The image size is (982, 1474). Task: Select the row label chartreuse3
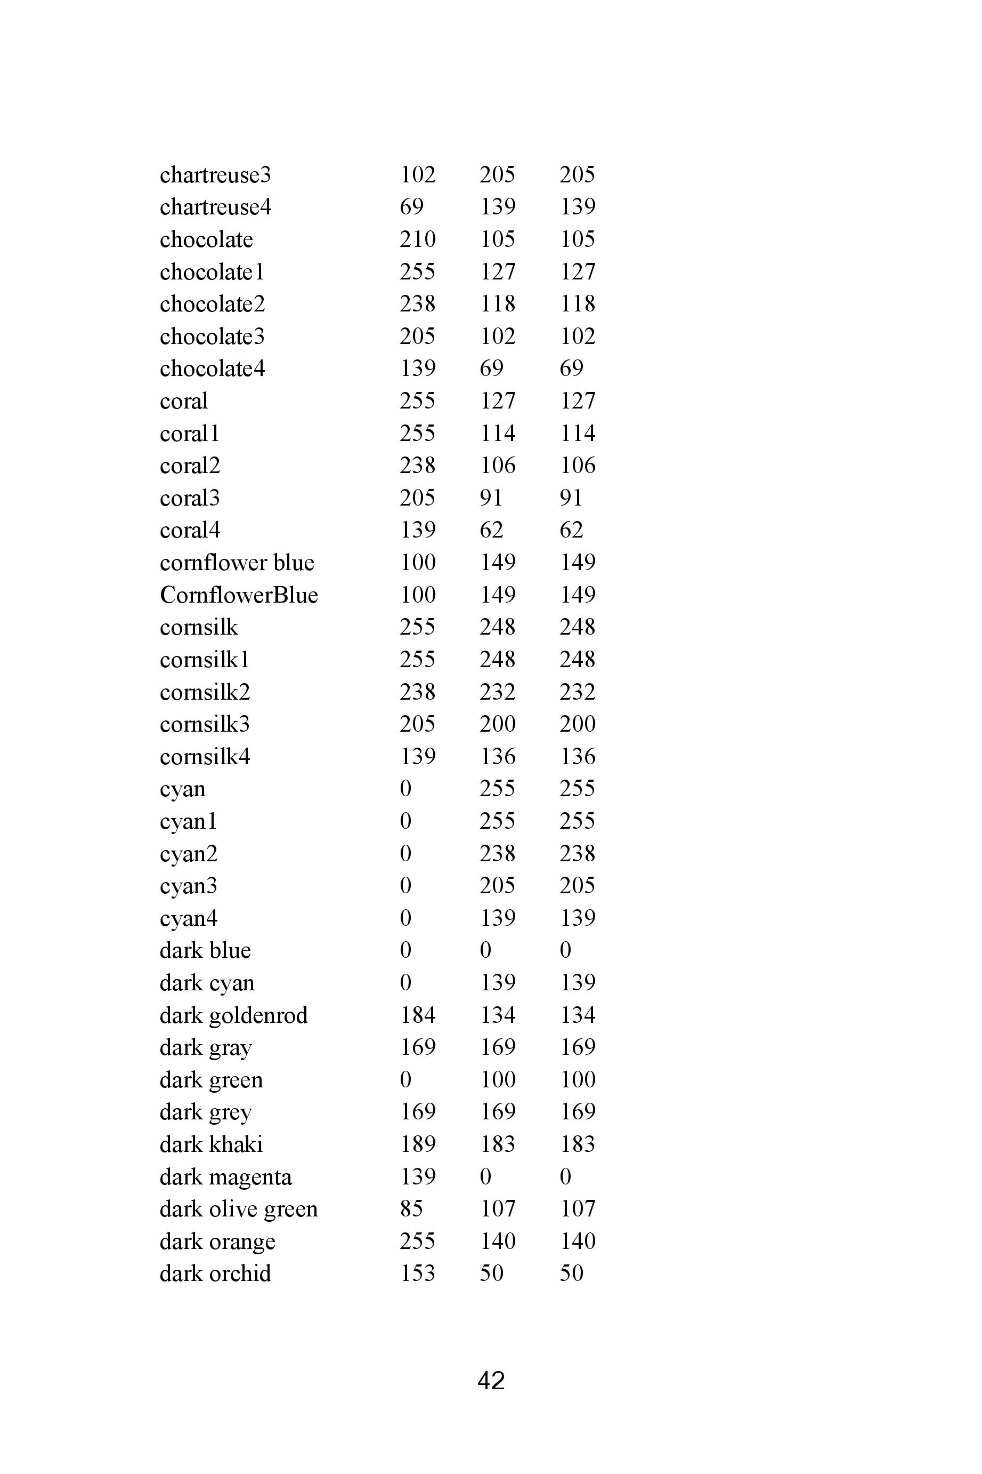tap(215, 175)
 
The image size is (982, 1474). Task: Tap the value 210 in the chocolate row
tap(417, 239)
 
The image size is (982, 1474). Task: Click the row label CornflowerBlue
tap(239, 595)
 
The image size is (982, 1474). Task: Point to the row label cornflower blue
tap(237, 563)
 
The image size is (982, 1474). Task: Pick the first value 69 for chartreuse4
tap(411, 207)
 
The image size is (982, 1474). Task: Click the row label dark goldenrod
tap(233, 1015)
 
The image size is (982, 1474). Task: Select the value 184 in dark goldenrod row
tap(417, 1015)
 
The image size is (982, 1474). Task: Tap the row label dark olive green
tap(239, 1209)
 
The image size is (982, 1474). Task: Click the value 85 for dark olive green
tap(411, 1209)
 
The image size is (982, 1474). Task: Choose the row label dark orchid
tap(215, 1273)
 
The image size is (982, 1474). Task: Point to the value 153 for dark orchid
tap(417, 1273)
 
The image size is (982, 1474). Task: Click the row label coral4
tap(190, 530)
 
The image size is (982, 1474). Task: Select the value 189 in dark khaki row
tap(417, 1144)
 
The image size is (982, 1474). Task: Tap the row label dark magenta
tap(225, 1177)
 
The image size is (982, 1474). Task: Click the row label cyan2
tap(189, 854)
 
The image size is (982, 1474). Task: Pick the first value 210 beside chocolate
tap(417, 239)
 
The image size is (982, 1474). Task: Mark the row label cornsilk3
tap(204, 724)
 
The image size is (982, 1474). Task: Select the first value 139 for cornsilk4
tap(417, 756)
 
